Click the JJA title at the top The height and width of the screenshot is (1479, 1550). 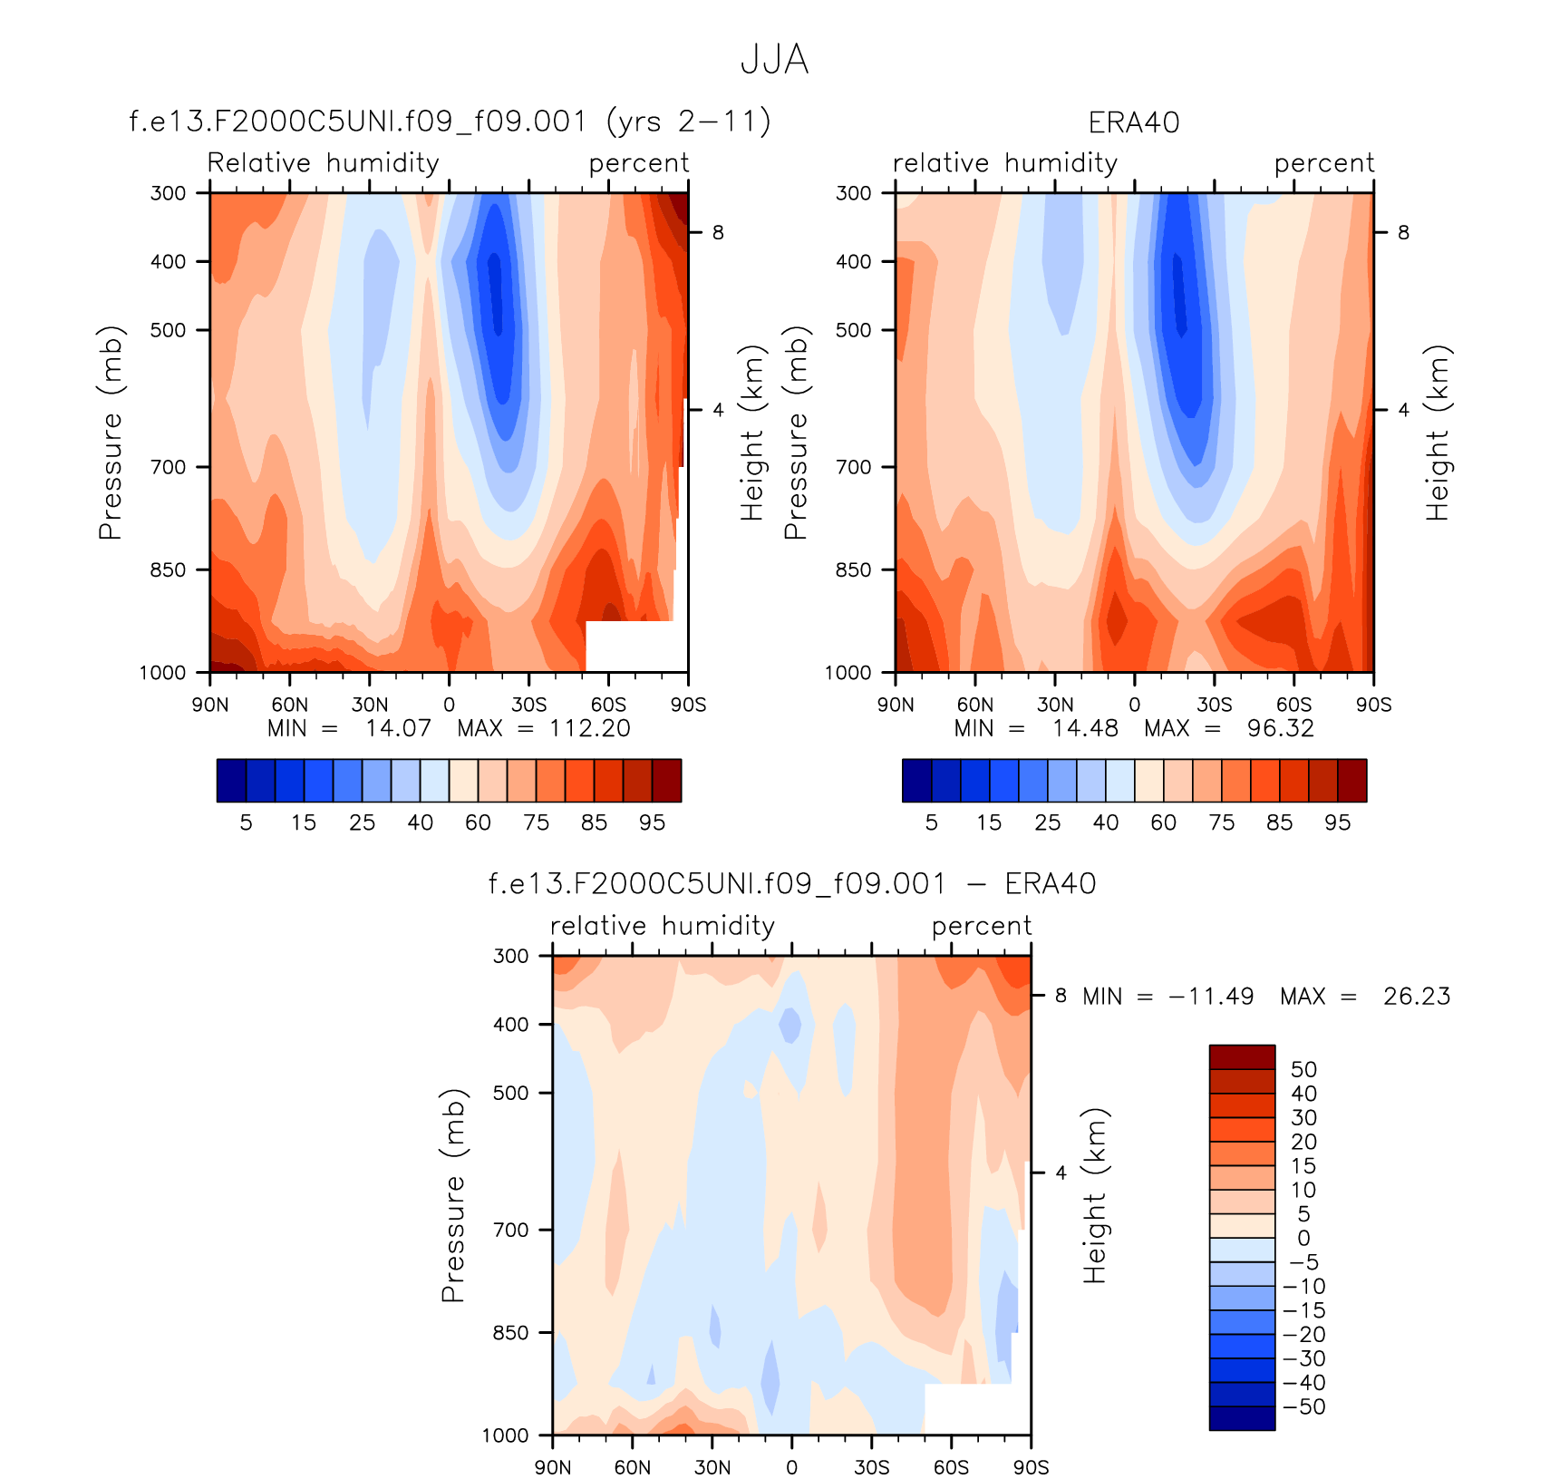point(774,60)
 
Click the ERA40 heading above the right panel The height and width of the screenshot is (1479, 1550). point(1134,122)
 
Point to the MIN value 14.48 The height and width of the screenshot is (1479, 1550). point(1084,728)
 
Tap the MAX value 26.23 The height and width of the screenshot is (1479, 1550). point(1416,997)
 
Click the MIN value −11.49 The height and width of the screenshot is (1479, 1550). point(1211,997)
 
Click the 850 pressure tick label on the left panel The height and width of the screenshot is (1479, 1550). point(168,569)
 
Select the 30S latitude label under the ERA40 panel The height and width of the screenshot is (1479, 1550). point(1215,705)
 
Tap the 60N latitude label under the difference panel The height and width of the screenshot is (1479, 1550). point(633,1467)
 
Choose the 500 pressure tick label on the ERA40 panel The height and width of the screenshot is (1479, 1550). point(853,330)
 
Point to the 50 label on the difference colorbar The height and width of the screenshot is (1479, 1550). point(1303,1069)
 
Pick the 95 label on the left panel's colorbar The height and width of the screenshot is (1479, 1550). point(652,822)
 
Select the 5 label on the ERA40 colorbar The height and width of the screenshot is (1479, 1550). point(931,822)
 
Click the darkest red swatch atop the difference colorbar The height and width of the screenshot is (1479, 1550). point(1242,1056)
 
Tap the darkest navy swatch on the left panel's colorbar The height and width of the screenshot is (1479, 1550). point(231,781)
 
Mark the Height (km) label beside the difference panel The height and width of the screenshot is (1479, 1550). point(1095,1195)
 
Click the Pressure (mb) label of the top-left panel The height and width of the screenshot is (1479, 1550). point(110,433)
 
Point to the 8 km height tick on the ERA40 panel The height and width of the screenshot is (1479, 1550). point(1403,232)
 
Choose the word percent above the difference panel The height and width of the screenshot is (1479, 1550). point(981,926)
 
